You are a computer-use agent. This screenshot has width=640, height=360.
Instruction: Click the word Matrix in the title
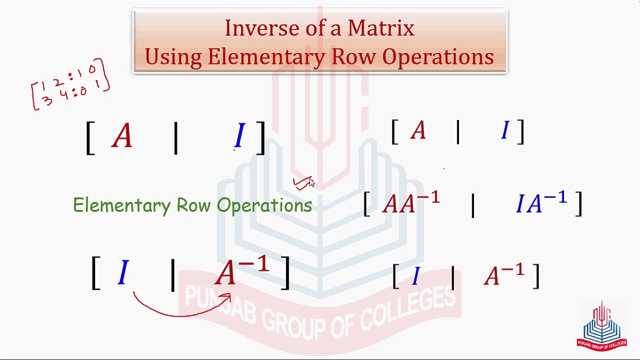pyautogui.click(x=381, y=28)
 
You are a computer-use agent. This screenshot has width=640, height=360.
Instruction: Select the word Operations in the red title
pyautogui.click(x=438, y=57)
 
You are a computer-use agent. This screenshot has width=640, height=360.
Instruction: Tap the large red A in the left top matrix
pyautogui.click(x=122, y=135)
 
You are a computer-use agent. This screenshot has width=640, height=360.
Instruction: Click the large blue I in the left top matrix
pyautogui.click(x=239, y=135)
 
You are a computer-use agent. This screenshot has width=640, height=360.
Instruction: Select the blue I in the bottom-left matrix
pyautogui.click(x=123, y=272)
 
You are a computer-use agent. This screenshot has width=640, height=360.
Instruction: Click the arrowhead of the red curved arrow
pyautogui.click(x=226, y=297)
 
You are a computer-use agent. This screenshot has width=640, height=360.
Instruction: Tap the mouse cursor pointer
pyautogui.click(x=311, y=182)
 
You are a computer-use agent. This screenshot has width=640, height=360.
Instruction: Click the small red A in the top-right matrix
pyautogui.click(x=418, y=130)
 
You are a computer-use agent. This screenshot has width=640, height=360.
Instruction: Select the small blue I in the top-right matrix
pyautogui.click(x=505, y=130)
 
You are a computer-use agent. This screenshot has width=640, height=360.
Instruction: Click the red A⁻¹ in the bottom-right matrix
pyautogui.click(x=504, y=274)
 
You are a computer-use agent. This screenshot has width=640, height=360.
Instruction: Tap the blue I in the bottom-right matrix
pyautogui.click(x=416, y=275)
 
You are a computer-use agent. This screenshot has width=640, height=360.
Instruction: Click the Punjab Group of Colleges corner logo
pyautogui.click(x=601, y=325)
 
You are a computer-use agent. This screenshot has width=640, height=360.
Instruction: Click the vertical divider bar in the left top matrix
pyautogui.click(x=175, y=138)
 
